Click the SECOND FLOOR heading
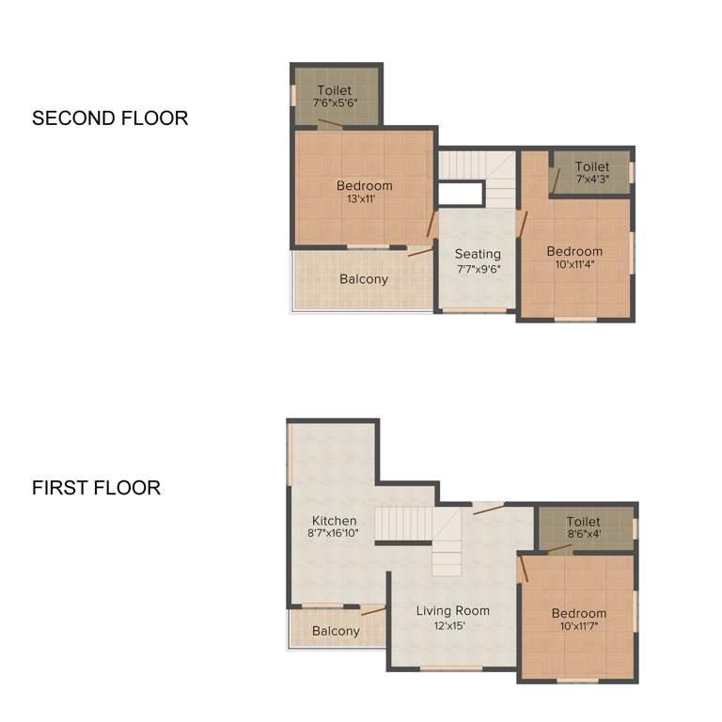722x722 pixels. tap(110, 118)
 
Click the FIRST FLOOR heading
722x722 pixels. tap(96, 488)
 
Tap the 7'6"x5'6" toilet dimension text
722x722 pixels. tap(334, 102)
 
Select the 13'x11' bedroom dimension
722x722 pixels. tap(364, 198)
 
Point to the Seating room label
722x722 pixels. tap(478, 254)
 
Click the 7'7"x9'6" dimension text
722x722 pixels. tap(478, 268)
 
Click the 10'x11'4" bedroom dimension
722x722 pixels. tap(574, 264)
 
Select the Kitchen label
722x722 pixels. tap(335, 521)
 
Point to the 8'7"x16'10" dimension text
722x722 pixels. tap(335, 534)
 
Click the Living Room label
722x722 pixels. tap(453, 611)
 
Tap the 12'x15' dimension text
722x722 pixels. tap(453, 625)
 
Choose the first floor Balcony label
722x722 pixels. tap(336, 631)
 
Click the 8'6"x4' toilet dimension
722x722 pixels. tap(583, 535)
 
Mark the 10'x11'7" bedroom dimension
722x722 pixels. tap(579, 626)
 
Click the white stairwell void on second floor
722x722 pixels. tap(461, 194)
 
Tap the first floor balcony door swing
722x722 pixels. tap(373, 611)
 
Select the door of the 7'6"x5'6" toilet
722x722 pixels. tap(330, 123)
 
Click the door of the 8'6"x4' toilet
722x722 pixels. tap(559, 548)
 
